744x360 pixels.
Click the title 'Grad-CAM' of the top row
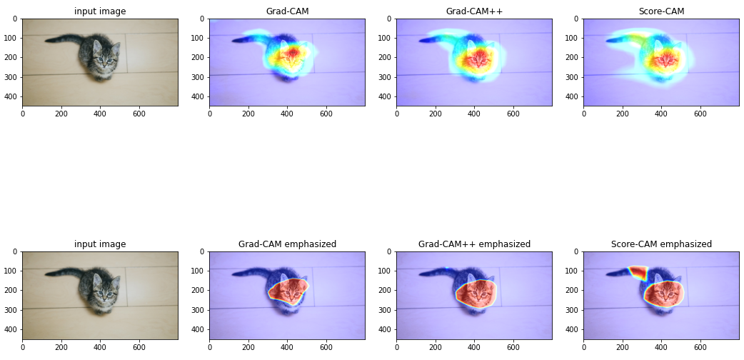point(287,11)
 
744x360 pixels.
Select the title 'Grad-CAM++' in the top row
point(474,11)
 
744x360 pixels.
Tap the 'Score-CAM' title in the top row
point(661,11)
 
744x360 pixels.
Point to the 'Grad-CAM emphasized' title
point(287,244)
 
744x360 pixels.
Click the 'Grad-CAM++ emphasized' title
point(474,244)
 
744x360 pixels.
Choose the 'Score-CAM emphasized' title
point(661,244)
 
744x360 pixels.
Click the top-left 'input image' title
point(100,11)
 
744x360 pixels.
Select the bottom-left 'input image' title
point(100,244)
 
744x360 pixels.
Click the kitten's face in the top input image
point(106,61)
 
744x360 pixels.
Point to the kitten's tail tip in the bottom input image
point(48,274)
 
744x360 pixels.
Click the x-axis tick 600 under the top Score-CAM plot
point(700,113)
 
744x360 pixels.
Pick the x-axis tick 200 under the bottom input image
point(61,346)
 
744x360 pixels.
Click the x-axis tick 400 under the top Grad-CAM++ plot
point(474,113)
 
